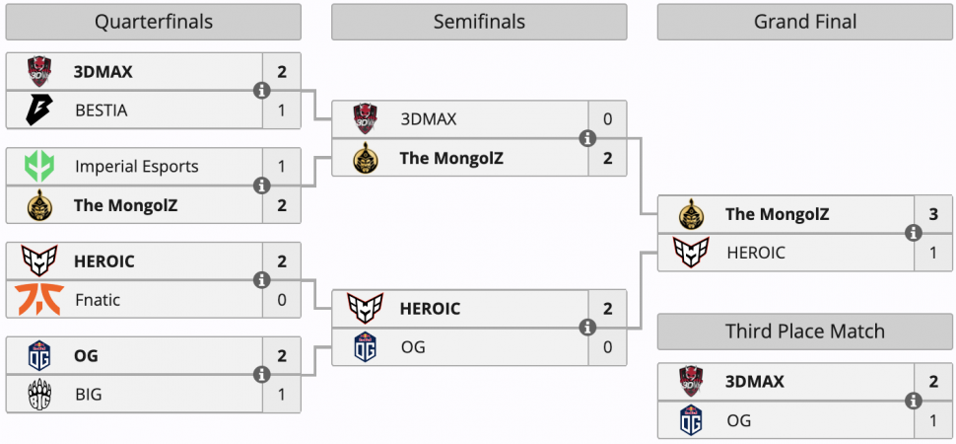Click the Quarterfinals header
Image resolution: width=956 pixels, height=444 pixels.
[x=153, y=22]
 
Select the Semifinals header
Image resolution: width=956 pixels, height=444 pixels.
[x=479, y=22]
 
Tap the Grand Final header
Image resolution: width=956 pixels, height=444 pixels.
[x=805, y=22]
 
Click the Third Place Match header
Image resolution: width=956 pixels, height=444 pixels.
[x=805, y=332]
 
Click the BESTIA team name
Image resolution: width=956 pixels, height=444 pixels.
[x=102, y=111]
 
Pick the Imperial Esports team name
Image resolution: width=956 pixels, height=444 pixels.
[x=137, y=166]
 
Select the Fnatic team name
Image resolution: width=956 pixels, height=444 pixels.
[x=98, y=300]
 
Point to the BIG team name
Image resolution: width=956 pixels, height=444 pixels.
[x=89, y=395]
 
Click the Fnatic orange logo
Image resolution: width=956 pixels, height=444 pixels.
[x=39, y=300]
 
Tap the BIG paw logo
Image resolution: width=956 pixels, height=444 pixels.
[x=39, y=395]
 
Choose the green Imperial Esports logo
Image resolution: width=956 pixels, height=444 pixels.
[x=39, y=166]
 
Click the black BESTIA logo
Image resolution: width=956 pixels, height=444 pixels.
[x=39, y=111]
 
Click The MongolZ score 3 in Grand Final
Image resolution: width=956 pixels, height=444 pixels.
[x=933, y=214]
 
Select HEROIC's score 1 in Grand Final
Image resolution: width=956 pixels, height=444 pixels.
[x=933, y=253]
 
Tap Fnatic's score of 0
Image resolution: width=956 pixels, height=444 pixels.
[x=282, y=300]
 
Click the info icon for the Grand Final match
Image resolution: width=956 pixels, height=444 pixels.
[x=914, y=233]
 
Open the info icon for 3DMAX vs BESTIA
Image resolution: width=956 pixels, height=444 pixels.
[x=262, y=91]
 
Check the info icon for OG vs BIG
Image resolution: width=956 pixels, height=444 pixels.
[x=262, y=374]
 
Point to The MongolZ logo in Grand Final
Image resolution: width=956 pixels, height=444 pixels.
[x=692, y=214]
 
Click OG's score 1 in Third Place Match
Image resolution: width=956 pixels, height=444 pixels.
[x=933, y=420]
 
